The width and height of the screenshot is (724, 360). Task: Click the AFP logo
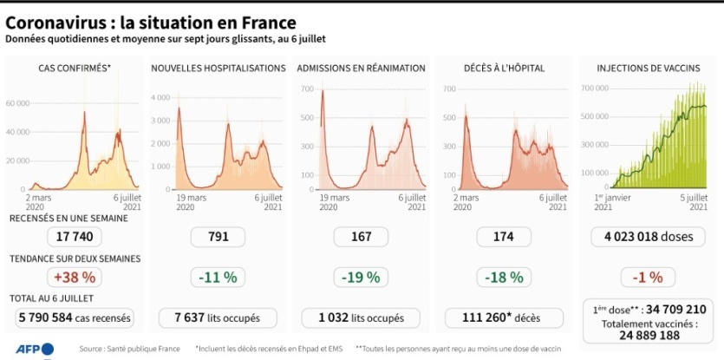(x=34, y=350)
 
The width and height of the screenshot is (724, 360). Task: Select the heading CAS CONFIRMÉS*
(x=74, y=68)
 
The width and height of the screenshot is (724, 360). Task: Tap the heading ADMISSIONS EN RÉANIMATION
(x=361, y=68)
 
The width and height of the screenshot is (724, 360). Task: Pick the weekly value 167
(x=361, y=236)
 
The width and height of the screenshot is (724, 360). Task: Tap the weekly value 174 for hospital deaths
(x=503, y=236)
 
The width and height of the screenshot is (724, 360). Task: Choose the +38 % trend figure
(x=74, y=278)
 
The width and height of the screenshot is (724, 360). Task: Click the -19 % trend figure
(x=361, y=278)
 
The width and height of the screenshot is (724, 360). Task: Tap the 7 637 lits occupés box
(x=216, y=317)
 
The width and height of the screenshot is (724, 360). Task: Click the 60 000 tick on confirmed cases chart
(x=17, y=102)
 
